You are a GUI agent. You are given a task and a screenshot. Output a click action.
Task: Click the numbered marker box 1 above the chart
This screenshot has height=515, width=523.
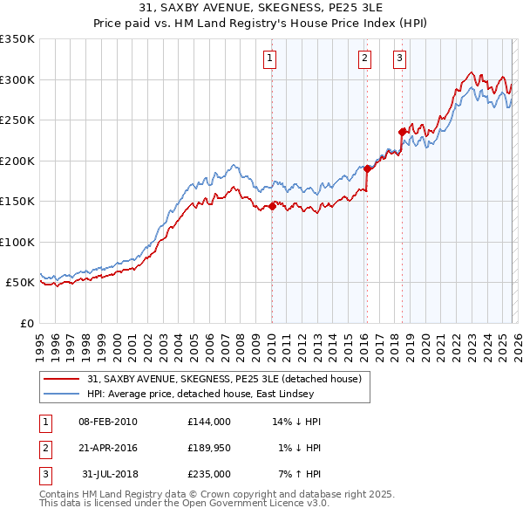click(x=270, y=58)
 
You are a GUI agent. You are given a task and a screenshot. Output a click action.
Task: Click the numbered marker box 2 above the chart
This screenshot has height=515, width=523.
click(x=364, y=58)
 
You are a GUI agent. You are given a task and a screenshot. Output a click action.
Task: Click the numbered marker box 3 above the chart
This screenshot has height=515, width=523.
click(x=399, y=58)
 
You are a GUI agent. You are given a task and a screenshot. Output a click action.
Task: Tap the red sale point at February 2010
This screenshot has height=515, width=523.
click(x=272, y=206)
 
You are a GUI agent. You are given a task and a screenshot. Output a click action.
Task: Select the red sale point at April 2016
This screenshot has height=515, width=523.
click(x=367, y=168)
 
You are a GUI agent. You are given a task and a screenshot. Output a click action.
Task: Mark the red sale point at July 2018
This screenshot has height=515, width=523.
click(x=402, y=132)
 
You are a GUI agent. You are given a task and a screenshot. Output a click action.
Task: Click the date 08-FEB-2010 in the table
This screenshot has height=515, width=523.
click(x=108, y=422)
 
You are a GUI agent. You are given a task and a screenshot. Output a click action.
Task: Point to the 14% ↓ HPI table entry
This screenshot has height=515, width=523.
click(x=296, y=422)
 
